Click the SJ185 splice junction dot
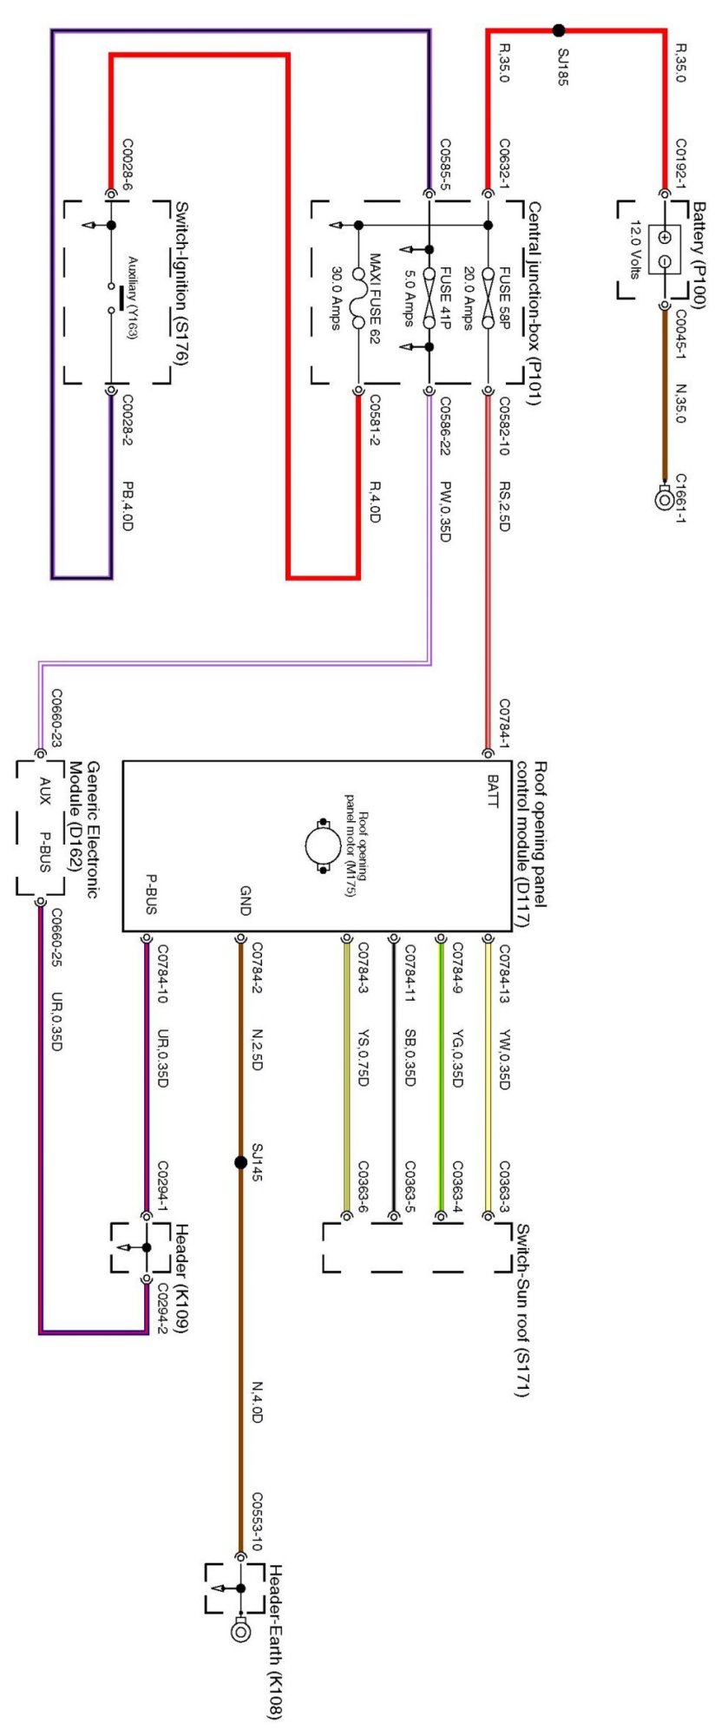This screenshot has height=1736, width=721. point(559,30)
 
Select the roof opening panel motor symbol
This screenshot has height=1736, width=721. point(323,845)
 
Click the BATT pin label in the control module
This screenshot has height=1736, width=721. point(493,791)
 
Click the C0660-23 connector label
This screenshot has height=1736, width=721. point(57,719)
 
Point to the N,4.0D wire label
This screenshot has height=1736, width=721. point(257,1402)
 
